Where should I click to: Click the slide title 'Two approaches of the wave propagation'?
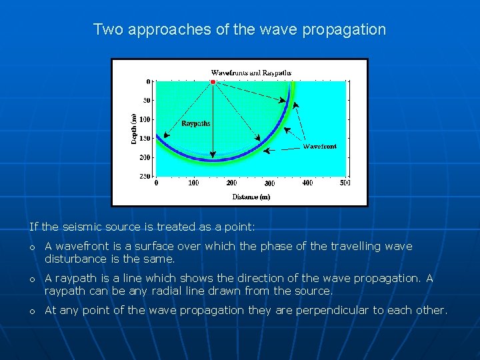pos(239,29)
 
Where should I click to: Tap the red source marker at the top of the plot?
pos(213,82)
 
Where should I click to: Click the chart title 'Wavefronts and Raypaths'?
pos(251,73)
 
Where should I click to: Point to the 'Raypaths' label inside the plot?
pos(195,123)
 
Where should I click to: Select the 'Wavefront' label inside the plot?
pos(320,146)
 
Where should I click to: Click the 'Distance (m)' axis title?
pos(251,197)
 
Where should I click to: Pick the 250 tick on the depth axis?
pos(145,177)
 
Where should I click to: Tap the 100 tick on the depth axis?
pos(145,119)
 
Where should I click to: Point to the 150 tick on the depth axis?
pos(145,139)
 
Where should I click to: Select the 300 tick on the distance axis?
pos(269,183)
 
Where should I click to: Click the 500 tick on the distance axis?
pos(345,183)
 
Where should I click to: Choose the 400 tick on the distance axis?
pos(307,183)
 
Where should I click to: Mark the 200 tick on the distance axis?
pos(231,183)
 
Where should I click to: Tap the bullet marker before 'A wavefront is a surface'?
pos(32,247)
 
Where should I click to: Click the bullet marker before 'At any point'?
pos(32,311)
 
